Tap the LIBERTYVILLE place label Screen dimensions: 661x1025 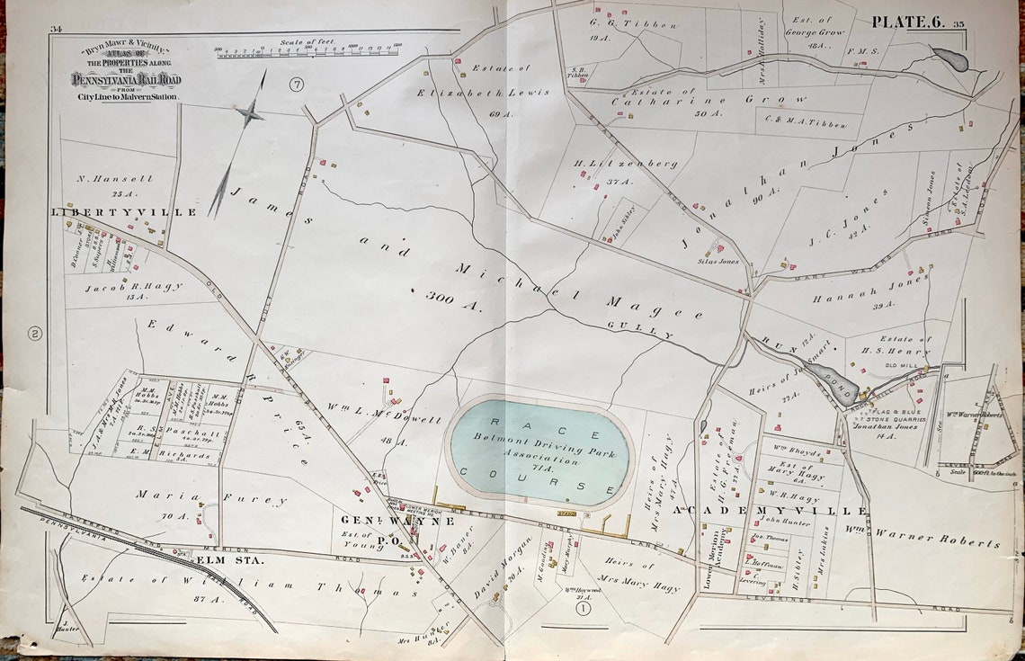tap(125, 212)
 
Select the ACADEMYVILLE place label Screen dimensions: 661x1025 tap(771, 510)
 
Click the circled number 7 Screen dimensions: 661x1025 tap(298, 85)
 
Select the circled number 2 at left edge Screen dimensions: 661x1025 tap(35, 334)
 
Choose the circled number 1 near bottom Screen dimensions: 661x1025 tap(583, 608)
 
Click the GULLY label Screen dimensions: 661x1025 tap(652, 329)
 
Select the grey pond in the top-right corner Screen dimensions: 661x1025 tap(951, 59)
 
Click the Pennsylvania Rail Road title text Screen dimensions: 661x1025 tap(126, 80)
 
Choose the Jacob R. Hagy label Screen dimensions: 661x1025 tap(134, 287)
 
